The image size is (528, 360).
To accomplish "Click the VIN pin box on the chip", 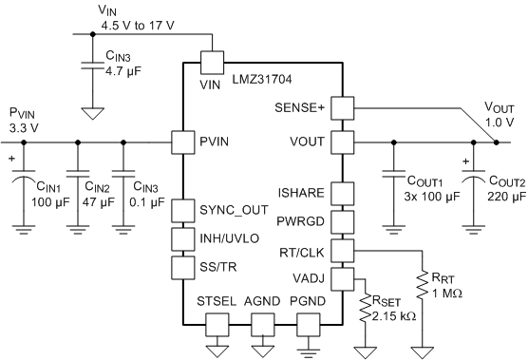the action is pyautogui.click(x=212, y=63).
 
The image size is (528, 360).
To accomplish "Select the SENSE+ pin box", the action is pyautogui.click(x=343, y=108).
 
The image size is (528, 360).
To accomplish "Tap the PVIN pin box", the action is pyautogui.click(x=183, y=142).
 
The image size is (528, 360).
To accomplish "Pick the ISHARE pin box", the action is pyautogui.click(x=343, y=194).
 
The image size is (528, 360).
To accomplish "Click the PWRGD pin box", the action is pyautogui.click(x=343, y=222).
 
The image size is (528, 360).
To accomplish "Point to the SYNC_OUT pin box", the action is pyautogui.click(x=183, y=211).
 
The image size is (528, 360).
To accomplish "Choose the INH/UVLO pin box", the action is pyautogui.click(x=183, y=239).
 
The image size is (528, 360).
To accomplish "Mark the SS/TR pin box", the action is pyautogui.click(x=183, y=268).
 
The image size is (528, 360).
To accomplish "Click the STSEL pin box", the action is pyautogui.click(x=217, y=325).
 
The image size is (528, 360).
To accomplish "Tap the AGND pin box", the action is pyautogui.click(x=263, y=325).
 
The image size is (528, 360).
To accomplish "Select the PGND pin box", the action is pyautogui.click(x=308, y=325).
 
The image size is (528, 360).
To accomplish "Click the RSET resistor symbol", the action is pyautogui.click(x=365, y=308).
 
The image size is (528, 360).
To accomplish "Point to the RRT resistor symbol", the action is pyautogui.click(x=422, y=285).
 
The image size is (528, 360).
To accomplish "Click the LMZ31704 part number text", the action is pyautogui.click(x=262, y=80).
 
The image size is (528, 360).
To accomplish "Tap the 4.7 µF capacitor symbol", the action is pyautogui.click(x=93, y=66).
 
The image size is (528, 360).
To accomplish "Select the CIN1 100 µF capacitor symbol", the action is pyautogui.click(x=24, y=175).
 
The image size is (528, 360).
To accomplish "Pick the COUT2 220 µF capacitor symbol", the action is pyautogui.click(x=474, y=176).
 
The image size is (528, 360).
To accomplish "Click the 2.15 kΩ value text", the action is pyautogui.click(x=394, y=316).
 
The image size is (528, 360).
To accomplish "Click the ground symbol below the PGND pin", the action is pyautogui.click(x=308, y=351).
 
